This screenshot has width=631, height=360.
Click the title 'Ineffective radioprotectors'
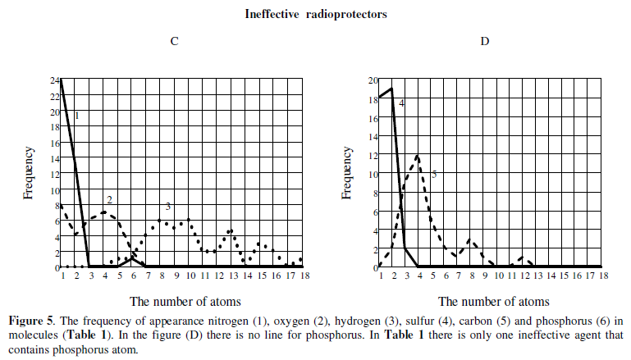pyautogui.click(x=315, y=13)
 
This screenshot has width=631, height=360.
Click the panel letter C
pyautogui.click(x=174, y=41)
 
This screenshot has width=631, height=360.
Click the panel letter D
pyautogui.click(x=483, y=41)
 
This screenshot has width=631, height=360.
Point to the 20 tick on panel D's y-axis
pyautogui.click(x=372, y=80)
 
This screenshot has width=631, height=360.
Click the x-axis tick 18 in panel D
pyautogui.click(x=602, y=277)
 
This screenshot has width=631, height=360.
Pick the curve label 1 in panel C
pyautogui.click(x=76, y=116)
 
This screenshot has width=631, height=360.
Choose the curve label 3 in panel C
pyautogui.click(x=167, y=206)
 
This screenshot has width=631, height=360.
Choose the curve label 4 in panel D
pyautogui.click(x=402, y=103)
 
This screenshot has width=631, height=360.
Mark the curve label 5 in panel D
pyautogui.click(x=433, y=174)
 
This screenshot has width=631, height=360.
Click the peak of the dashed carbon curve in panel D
pyautogui.click(x=418, y=155)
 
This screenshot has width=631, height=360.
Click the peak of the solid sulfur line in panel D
pyautogui.click(x=392, y=88)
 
